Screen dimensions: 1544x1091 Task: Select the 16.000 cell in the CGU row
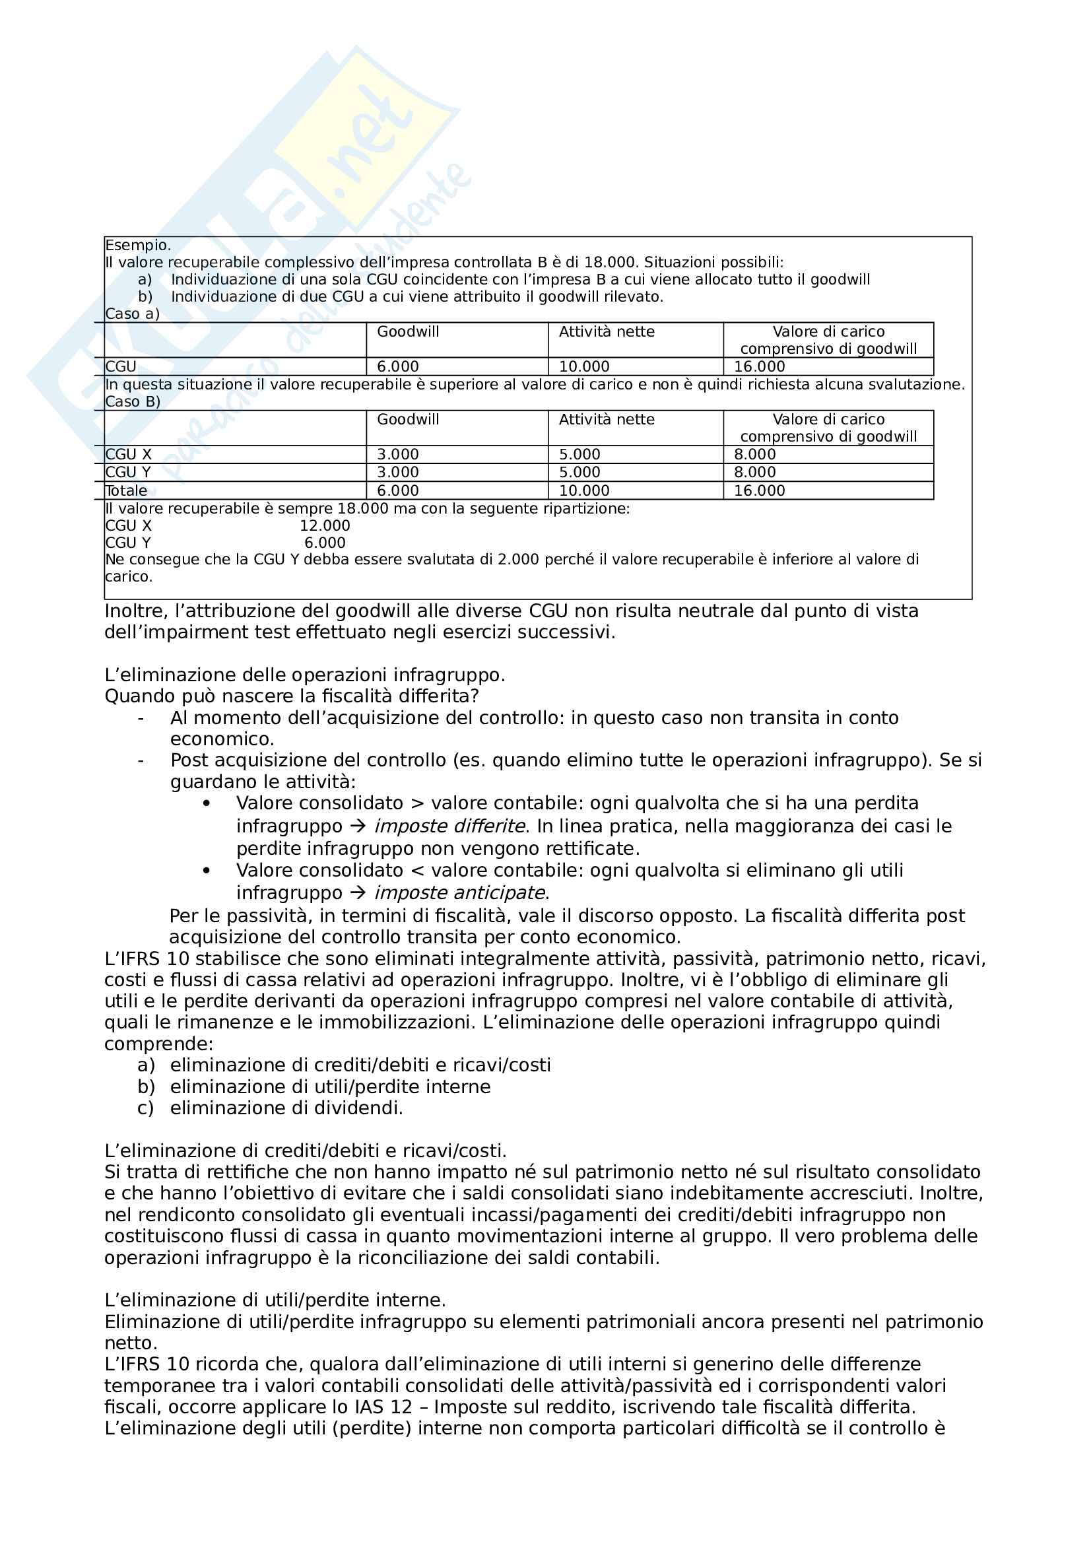click(x=759, y=366)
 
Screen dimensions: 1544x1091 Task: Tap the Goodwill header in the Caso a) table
click(x=407, y=331)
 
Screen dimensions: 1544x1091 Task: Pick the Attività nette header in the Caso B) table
click(x=607, y=420)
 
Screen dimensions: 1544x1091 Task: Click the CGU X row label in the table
click(x=129, y=455)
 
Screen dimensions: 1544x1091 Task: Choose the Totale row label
click(x=126, y=491)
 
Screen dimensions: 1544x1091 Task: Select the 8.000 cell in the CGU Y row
click(x=754, y=473)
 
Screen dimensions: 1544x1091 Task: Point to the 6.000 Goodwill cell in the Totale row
click(x=397, y=491)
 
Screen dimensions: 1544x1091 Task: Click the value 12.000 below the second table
click(x=325, y=526)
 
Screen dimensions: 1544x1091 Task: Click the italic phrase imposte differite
click(x=449, y=826)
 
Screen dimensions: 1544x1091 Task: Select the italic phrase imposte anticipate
click(x=460, y=893)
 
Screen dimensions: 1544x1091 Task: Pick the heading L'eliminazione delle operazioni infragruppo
click(x=304, y=675)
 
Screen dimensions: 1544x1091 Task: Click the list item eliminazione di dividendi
click(x=286, y=1108)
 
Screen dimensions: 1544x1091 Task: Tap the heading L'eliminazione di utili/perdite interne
click(x=275, y=1300)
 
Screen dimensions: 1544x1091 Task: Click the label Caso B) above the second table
click(x=133, y=401)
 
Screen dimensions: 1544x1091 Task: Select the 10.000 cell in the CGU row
click(x=584, y=366)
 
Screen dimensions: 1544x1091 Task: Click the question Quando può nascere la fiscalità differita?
click(x=292, y=696)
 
